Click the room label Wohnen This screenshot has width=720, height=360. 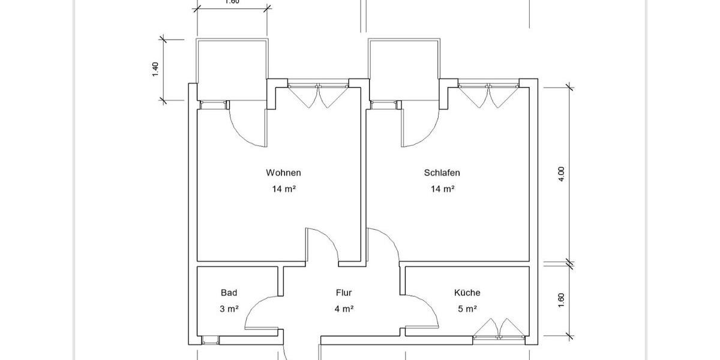(x=283, y=173)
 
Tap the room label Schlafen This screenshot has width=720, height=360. (x=442, y=173)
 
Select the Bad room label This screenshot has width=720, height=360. (x=229, y=293)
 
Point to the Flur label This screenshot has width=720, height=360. (x=344, y=293)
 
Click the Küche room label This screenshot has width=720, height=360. (x=467, y=293)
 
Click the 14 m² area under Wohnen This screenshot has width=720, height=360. (x=283, y=189)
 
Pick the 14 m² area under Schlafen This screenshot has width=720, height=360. (x=442, y=189)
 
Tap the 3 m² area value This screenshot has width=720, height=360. (x=229, y=309)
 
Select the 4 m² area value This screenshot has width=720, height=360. (x=344, y=309)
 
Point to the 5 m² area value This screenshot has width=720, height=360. (x=467, y=309)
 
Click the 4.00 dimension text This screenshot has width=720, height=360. (x=562, y=173)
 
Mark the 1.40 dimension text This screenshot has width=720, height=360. (x=155, y=70)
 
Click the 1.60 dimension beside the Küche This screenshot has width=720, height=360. (x=562, y=300)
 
